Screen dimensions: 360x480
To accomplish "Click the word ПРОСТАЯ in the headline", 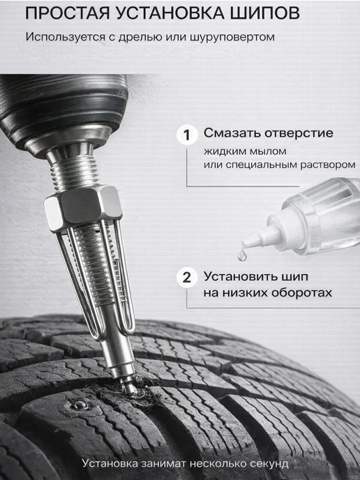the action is (x=68, y=13).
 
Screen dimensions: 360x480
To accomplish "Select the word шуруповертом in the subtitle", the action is (x=232, y=38).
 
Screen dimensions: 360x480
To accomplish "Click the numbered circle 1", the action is (x=187, y=135).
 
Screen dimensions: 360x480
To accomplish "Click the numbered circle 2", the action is (x=187, y=278).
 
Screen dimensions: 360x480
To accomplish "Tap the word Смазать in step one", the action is (x=232, y=133).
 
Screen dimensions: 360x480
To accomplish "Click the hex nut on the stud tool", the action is (x=83, y=204).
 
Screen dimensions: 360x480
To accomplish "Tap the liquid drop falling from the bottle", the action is (x=242, y=255).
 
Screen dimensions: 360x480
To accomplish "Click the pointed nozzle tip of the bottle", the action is (x=243, y=243).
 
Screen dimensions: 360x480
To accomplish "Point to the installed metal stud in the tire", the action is (x=79, y=405).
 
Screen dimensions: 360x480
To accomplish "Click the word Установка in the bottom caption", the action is (x=110, y=463).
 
